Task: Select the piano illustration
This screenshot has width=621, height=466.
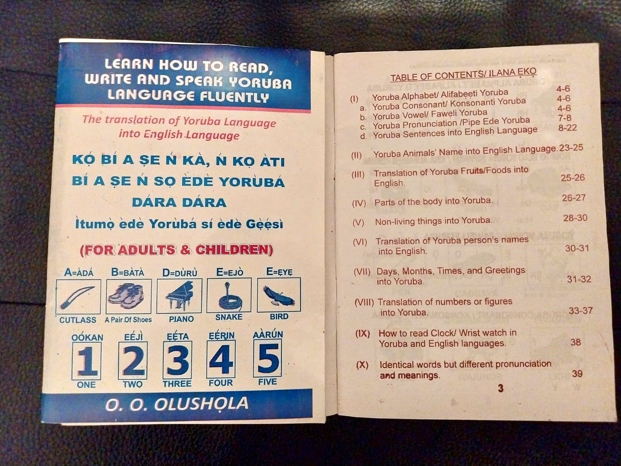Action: (179, 296)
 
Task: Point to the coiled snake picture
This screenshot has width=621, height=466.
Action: (229, 295)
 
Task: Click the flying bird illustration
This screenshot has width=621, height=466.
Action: (279, 295)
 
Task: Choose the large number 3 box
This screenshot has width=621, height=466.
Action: (178, 360)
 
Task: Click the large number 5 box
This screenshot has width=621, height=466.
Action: (268, 358)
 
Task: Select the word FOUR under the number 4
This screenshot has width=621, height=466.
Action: (221, 383)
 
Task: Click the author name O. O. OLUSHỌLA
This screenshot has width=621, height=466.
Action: (177, 404)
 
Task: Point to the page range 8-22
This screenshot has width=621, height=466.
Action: (567, 128)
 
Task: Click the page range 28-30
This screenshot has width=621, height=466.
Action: (575, 218)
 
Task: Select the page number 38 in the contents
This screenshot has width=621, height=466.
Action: (576, 342)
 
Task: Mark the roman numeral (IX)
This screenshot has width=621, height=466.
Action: (363, 334)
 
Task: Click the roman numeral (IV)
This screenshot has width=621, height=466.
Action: (359, 203)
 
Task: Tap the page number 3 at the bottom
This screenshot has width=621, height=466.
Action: (501, 388)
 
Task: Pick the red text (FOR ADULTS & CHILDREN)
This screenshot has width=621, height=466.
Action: (177, 250)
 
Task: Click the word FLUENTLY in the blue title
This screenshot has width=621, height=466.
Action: (234, 96)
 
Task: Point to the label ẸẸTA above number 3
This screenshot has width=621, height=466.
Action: (178, 336)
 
